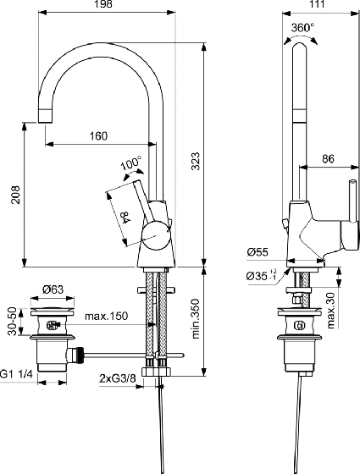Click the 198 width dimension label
coord(103,4)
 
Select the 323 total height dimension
coord(196,161)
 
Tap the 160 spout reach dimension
coord(98,136)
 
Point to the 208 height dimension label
coord(15,195)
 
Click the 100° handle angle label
coord(131,163)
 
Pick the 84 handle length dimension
coord(125,218)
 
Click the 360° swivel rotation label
coord(302,28)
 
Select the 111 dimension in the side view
coord(317,4)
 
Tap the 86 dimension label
coord(328,158)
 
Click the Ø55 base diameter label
coord(258,252)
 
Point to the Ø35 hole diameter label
coord(262,275)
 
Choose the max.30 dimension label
coord(331,310)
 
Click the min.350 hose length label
coord(196,318)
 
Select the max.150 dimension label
coord(106,317)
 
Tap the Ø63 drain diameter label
coord(53,289)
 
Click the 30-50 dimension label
coord(12,322)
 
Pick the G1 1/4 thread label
coord(16,374)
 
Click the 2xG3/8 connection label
coord(118,378)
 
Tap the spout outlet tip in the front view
coord(46,122)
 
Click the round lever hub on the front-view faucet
coord(156,235)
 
